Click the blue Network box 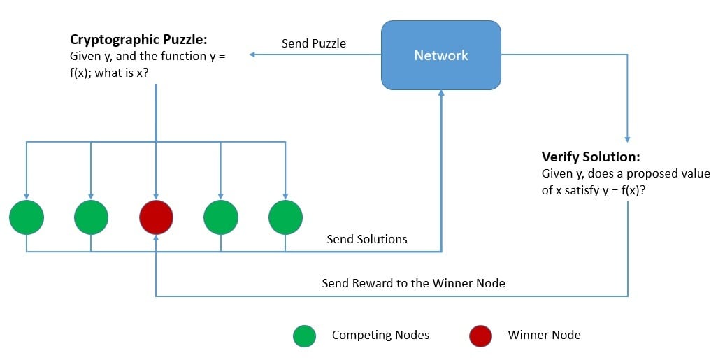[x=440, y=55]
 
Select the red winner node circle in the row [x=156, y=217]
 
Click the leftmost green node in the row [x=27, y=217]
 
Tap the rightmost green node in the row [x=285, y=217]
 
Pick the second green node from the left [x=91, y=217]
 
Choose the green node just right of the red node [x=221, y=217]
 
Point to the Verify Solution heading [x=591, y=157]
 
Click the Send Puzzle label [x=314, y=43]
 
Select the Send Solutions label [x=367, y=239]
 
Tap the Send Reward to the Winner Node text [x=413, y=283]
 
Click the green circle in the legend [x=304, y=336]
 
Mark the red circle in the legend [x=480, y=336]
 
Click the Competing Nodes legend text [x=380, y=335]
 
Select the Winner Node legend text [x=544, y=335]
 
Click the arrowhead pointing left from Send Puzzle [x=253, y=55]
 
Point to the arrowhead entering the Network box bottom [x=440, y=94]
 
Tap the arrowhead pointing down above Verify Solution [x=627, y=138]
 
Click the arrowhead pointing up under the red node [x=156, y=238]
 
